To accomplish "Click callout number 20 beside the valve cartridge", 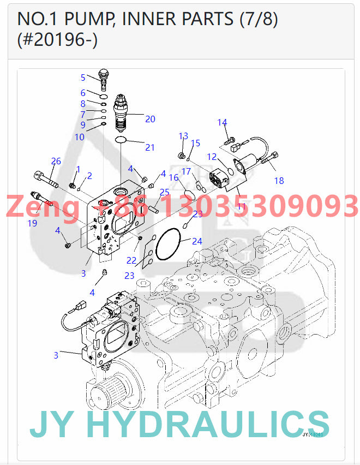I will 150,119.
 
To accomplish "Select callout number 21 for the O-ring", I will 150,147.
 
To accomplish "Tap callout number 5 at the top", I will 83,77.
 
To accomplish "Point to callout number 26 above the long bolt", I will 56,161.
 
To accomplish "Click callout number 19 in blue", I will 33,223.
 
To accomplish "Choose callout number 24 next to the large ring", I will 197,241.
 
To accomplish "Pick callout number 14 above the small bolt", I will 222,122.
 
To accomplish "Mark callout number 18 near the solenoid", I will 279,181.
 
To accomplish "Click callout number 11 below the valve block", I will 241,206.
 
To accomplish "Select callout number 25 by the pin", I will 165,192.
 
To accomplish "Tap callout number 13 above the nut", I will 183,136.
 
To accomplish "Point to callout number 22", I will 131,260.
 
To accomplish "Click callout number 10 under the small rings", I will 80,137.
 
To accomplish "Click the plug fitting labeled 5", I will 103,78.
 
